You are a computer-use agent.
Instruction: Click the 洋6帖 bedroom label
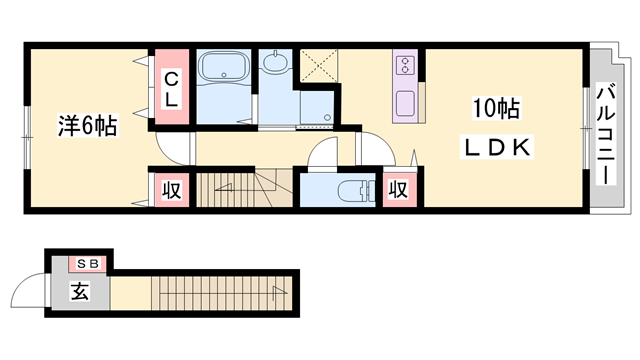pos(88,126)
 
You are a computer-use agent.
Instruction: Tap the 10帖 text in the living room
pos(496,109)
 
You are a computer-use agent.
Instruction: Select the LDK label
pos(497,148)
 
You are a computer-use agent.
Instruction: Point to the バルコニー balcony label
pos(606,134)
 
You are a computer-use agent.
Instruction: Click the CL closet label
pos(171,89)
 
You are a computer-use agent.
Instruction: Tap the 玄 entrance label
pos(80,291)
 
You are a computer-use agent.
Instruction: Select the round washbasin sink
pos(275,62)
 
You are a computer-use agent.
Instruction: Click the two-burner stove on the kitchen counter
pos(405,66)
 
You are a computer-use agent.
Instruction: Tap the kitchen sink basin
pos(405,104)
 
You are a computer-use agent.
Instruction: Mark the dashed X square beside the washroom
pos(319,65)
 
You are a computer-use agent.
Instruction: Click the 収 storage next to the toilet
pos(399,190)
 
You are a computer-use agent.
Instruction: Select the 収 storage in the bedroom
pos(171,190)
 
